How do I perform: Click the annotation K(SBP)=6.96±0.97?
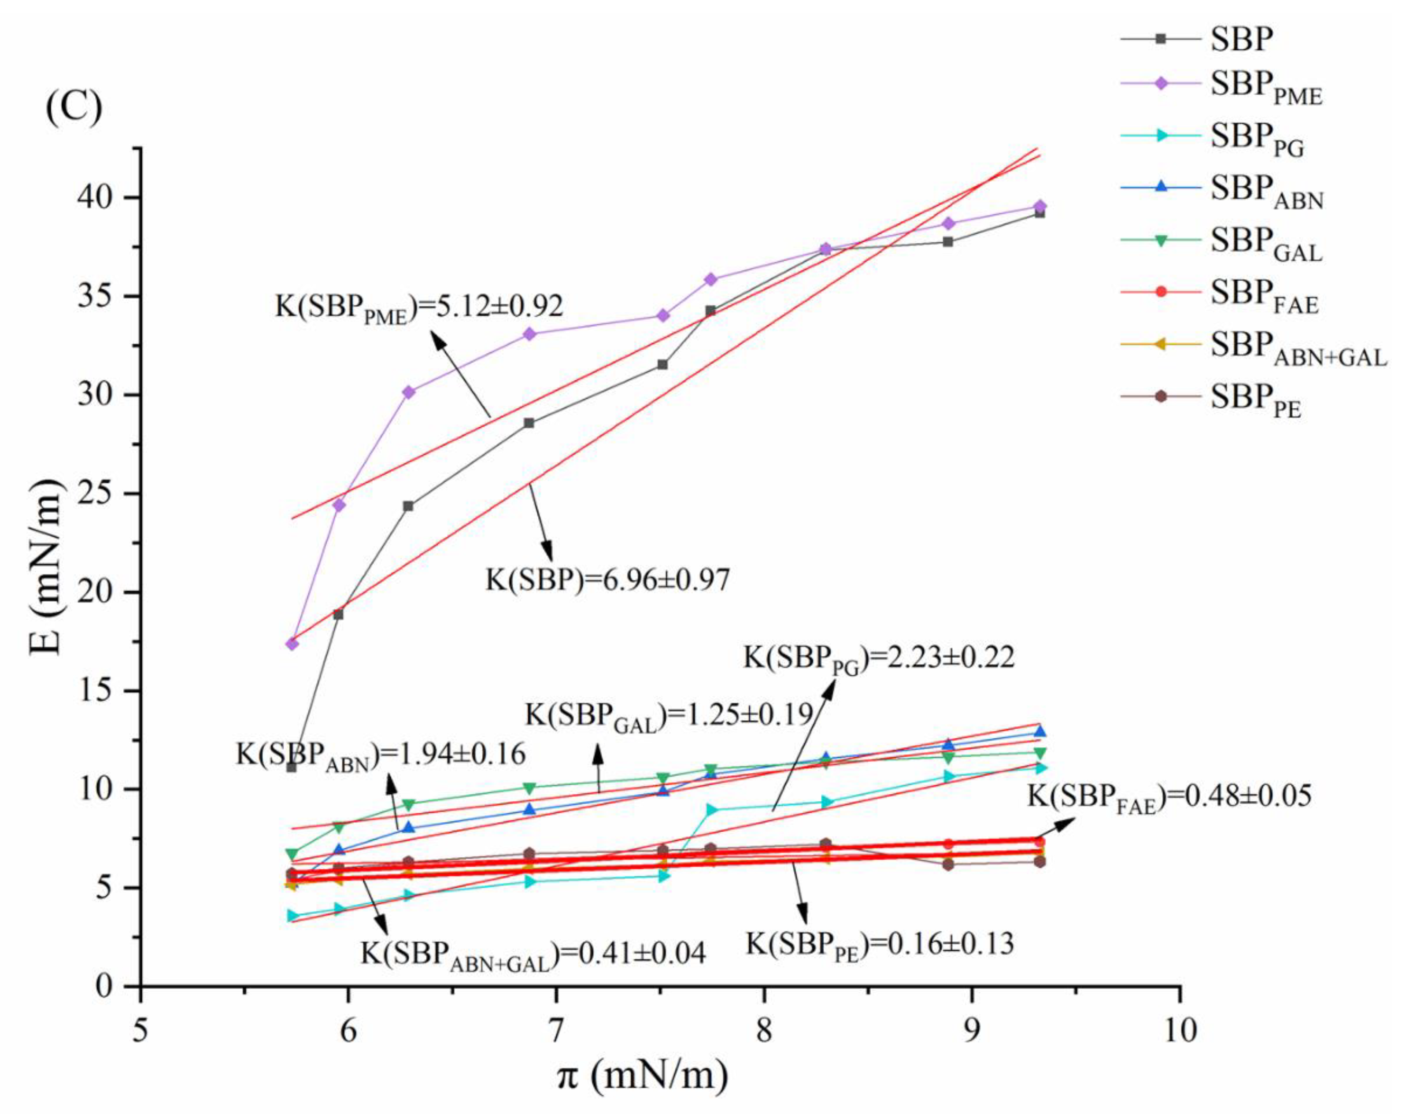tap(608, 579)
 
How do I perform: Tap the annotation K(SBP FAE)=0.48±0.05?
tap(1169, 797)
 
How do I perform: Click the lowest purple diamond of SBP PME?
tap(292, 644)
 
